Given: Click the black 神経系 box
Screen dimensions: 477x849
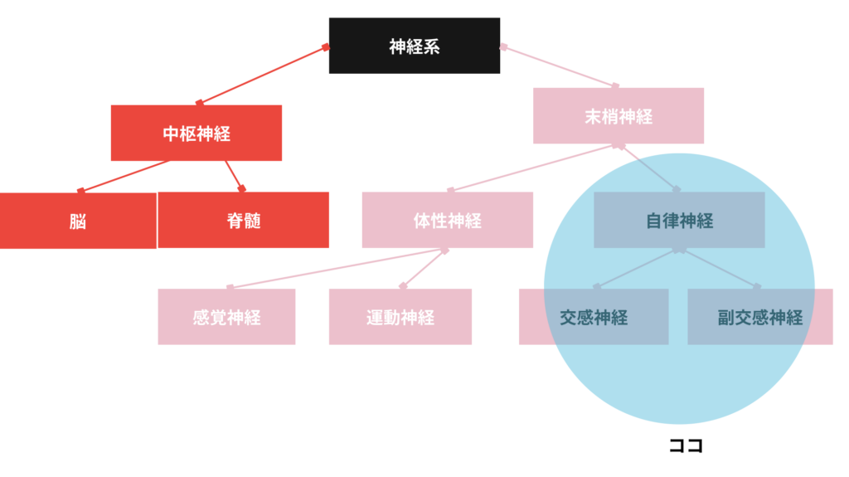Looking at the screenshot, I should pyautogui.click(x=414, y=46).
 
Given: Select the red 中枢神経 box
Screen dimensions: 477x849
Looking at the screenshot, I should pyautogui.click(x=196, y=133).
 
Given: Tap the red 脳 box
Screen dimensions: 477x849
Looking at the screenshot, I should pyautogui.click(x=78, y=221).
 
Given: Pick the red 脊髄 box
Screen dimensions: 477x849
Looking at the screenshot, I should pyautogui.click(x=243, y=220).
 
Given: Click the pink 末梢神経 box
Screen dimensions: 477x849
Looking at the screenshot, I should pyautogui.click(x=619, y=116).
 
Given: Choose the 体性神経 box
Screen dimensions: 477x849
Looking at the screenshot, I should pyautogui.click(x=447, y=220).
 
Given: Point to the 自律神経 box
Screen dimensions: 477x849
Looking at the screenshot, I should pyautogui.click(x=679, y=220).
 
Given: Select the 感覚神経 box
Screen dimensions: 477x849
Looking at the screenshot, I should pyautogui.click(x=226, y=316).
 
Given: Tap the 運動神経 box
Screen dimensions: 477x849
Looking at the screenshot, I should pyautogui.click(x=400, y=316).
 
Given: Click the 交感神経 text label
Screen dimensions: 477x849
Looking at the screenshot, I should pyautogui.click(x=594, y=317).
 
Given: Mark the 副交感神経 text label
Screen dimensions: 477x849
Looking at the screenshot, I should pyautogui.click(x=760, y=317).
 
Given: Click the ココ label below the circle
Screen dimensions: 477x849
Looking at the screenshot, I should pyautogui.click(x=686, y=446).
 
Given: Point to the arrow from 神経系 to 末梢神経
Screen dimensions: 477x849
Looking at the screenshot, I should pyautogui.click(x=560, y=66).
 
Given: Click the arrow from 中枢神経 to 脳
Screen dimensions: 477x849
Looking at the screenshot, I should pyautogui.click(x=124, y=175).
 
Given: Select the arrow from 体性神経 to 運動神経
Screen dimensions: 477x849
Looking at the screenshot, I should pyautogui.click(x=424, y=267).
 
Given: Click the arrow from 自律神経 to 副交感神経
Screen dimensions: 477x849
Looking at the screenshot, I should pyautogui.click(x=718, y=268).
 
